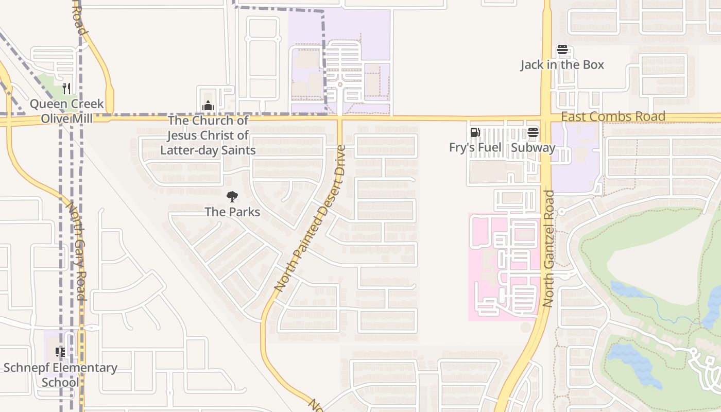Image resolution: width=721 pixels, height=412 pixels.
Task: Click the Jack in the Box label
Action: tap(562, 65)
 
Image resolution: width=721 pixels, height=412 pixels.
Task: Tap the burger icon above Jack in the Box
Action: tap(562, 50)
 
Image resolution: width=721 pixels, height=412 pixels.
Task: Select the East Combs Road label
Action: tap(613, 117)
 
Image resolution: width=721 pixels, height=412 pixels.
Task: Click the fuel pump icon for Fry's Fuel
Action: tap(475, 132)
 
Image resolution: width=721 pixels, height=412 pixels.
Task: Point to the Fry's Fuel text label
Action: tap(475, 147)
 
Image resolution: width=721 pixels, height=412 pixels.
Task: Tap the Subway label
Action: tap(533, 148)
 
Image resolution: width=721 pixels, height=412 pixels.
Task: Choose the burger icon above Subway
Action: tap(533, 132)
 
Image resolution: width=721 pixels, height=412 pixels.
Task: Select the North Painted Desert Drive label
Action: tap(311, 219)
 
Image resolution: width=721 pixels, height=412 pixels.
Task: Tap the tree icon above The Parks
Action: tap(232, 196)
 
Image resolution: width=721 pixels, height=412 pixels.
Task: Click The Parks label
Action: tap(232, 212)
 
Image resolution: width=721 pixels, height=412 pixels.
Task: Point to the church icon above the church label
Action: tap(208, 106)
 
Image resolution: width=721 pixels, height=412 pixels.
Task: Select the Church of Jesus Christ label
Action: tap(208, 135)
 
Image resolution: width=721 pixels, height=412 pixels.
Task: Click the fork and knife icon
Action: tap(66, 89)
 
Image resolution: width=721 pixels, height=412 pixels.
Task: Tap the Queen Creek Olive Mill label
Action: tap(66, 111)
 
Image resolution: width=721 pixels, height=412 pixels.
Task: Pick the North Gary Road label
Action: tap(75, 249)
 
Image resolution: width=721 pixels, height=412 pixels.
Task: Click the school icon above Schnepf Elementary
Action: tap(60, 352)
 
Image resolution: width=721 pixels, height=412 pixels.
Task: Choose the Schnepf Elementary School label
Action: tap(60, 375)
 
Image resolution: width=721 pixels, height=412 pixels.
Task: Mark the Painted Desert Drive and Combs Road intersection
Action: tap(340, 118)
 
